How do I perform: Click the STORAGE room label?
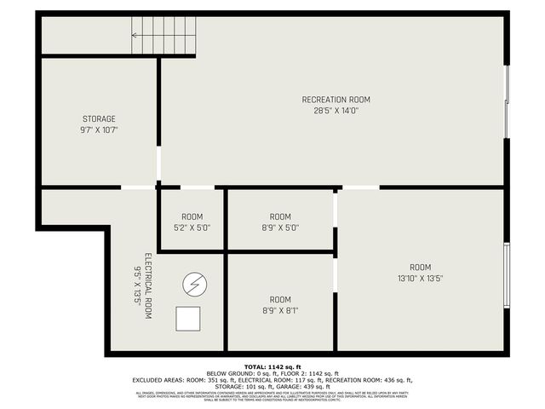[x=99, y=118]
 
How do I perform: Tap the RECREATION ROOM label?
[x=336, y=100]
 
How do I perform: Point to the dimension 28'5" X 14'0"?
[x=336, y=111]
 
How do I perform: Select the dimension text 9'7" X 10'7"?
[x=99, y=130]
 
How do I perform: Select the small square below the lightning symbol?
[x=187, y=319]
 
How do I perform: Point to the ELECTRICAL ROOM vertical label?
[x=147, y=286]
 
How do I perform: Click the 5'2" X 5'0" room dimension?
[x=192, y=228]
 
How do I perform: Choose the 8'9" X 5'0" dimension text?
[x=280, y=228]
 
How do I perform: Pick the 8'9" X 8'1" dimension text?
[x=280, y=311]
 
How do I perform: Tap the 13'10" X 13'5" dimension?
[x=421, y=278]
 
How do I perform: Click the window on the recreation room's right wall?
[x=508, y=101]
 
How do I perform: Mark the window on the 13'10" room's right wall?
[x=508, y=276]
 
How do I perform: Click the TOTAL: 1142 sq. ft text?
[x=272, y=366]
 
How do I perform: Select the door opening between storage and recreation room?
[x=158, y=161]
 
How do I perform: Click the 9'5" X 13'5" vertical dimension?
[x=136, y=286]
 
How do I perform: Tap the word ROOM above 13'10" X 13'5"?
[x=421, y=267]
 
